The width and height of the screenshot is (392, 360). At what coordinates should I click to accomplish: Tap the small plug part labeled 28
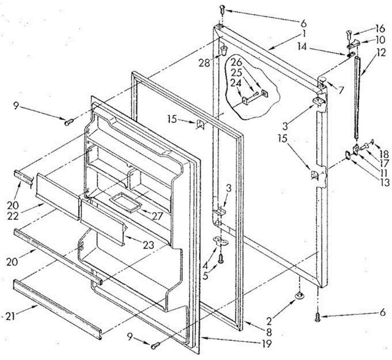coord(224,50)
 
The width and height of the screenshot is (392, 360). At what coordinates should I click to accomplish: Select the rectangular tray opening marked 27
coord(125,204)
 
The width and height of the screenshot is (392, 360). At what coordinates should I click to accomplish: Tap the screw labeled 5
coord(221,259)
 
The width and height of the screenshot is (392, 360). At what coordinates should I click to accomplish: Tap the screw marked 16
coord(348,34)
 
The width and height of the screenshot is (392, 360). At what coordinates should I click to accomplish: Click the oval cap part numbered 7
coord(322,79)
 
